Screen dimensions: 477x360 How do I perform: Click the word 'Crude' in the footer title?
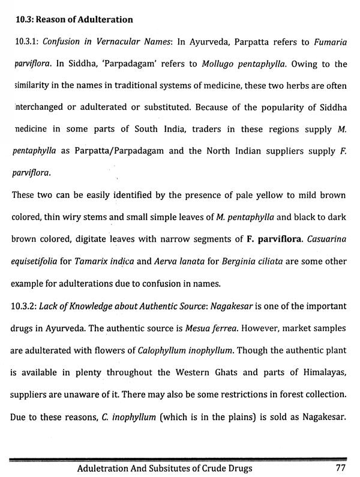click(x=225, y=468)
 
